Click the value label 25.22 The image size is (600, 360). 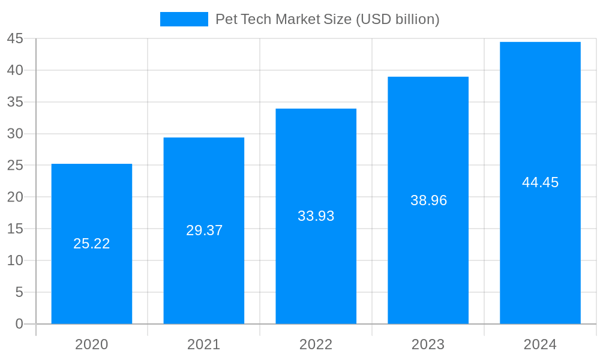pos(92,244)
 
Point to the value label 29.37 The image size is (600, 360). pos(204,230)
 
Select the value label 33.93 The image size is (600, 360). pos(316,216)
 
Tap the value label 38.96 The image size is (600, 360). pos(428,200)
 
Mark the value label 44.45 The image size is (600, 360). pos(540,183)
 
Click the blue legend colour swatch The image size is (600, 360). pos(184,19)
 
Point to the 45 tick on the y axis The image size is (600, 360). pos(15,38)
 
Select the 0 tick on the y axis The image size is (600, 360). pos(19,324)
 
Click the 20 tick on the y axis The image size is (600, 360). pos(15,197)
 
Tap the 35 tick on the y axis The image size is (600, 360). pos(15,102)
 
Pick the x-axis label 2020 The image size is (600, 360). pos(92,344)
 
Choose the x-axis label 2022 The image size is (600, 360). pos(316,344)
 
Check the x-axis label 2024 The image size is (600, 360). pos(540,344)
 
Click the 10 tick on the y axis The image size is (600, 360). pos(15,260)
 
